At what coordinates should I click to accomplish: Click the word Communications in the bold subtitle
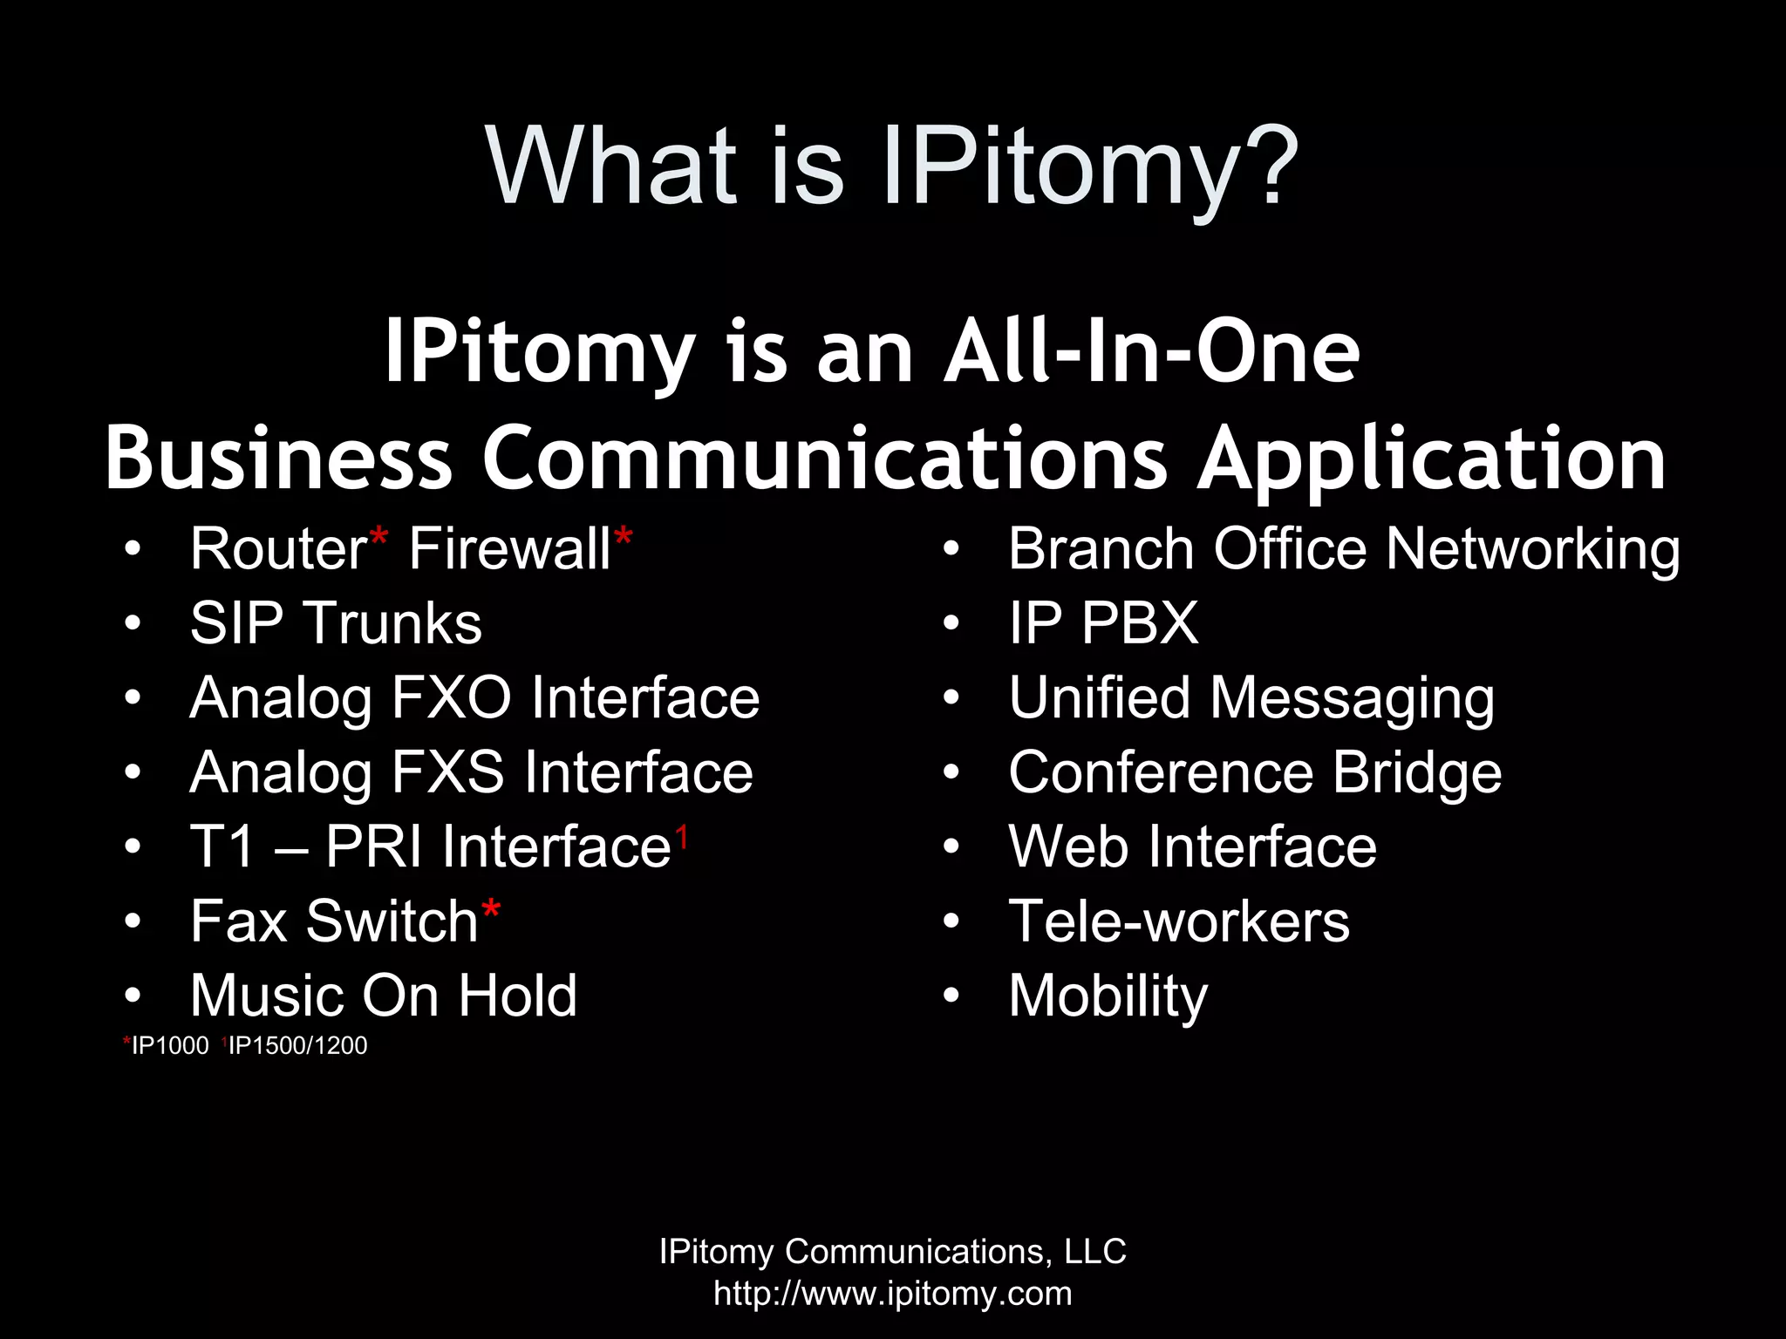click(x=824, y=459)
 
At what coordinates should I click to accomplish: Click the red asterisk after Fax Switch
click(x=490, y=911)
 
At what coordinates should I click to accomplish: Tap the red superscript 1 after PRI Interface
click(x=682, y=837)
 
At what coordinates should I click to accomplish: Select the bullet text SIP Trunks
click(x=336, y=623)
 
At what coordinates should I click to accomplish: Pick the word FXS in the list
click(x=447, y=772)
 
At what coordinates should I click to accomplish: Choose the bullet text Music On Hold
click(x=384, y=996)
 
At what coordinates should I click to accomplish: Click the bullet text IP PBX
click(x=1103, y=623)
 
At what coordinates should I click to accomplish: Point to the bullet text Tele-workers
click(x=1179, y=921)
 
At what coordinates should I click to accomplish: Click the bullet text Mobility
click(x=1108, y=996)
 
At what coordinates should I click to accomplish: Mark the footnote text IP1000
click(x=170, y=1045)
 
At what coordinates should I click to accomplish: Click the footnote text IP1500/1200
click(x=297, y=1045)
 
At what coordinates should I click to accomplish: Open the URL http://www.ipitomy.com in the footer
click(x=893, y=1294)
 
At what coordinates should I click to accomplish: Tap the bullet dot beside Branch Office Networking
click(x=951, y=549)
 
